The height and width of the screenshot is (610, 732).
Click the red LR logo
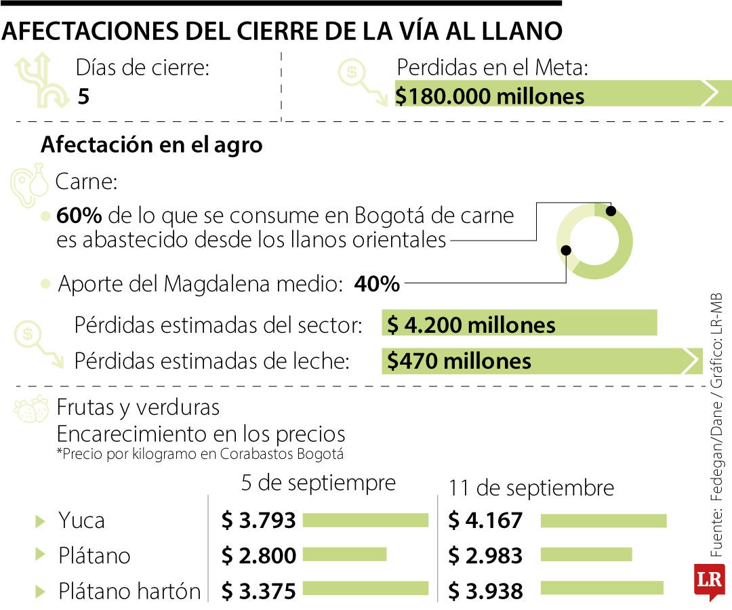coord(709,581)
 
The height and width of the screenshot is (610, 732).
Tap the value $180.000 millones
coord(490,96)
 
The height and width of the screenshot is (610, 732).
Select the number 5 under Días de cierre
coord(83,96)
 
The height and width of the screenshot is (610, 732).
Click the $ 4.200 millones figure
coord(471,325)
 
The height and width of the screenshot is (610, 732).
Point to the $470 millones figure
coord(459,361)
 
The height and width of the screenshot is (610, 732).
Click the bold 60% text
coord(79,216)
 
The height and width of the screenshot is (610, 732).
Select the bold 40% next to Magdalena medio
coord(377,284)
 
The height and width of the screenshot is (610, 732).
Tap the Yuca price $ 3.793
coord(259,521)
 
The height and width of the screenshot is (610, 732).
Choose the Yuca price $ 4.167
coord(485,521)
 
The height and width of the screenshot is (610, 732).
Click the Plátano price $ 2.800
coord(259,556)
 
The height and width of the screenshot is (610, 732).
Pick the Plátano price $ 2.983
coord(485,556)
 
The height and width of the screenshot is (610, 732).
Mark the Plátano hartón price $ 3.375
coord(259,591)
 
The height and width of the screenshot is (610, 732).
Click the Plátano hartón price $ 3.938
coord(485,591)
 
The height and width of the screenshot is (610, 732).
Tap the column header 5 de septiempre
coord(318,483)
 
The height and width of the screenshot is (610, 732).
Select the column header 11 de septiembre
coord(531,488)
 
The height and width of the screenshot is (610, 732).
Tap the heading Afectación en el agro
coord(152,145)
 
